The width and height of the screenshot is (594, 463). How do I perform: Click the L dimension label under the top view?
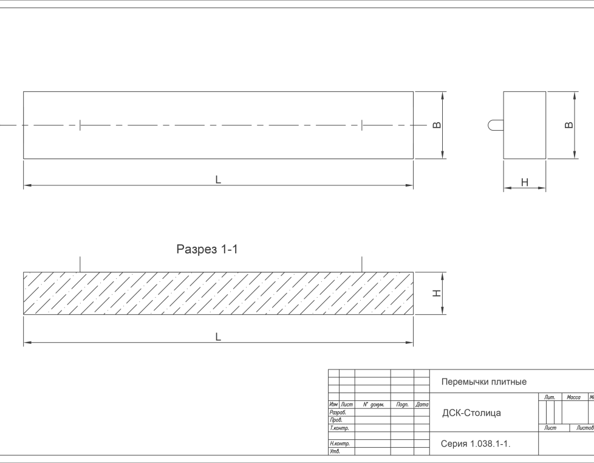point(218,179)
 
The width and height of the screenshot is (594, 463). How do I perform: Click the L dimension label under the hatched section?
point(218,337)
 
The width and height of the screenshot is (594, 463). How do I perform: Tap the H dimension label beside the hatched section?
point(436,293)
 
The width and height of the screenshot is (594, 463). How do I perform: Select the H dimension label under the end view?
point(525,182)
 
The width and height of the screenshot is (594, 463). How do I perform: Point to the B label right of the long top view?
point(437,125)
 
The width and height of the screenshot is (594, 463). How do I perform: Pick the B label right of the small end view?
point(569,125)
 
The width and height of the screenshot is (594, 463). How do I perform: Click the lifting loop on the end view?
point(494,125)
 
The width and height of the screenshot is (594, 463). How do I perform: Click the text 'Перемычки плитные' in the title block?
point(483,382)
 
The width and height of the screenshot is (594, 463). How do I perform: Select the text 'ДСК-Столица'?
point(471,413)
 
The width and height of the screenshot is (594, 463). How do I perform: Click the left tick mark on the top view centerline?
point(80,125)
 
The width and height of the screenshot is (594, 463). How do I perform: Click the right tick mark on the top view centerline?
point(362,125)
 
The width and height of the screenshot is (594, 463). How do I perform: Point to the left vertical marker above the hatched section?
point(80,264)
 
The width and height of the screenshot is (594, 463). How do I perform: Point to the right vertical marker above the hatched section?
point(362,264)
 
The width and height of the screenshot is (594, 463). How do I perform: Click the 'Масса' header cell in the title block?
point(573,397)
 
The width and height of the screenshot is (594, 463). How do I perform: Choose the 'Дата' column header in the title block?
point(422,404)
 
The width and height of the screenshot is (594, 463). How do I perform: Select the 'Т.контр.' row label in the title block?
point(340,428)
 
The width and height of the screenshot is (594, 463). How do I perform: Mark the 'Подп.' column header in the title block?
point(401,404)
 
